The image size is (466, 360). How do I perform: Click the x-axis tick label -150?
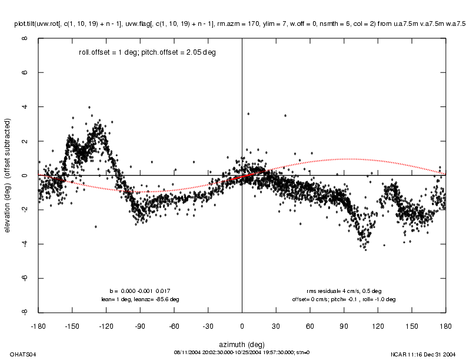72,325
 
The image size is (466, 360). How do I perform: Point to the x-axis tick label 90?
344,325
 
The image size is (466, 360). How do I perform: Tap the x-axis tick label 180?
446,325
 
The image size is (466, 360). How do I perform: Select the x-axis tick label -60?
174,325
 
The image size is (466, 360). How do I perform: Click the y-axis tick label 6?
25,73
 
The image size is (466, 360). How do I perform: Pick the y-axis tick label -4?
25,244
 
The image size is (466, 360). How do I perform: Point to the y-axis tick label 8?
25,39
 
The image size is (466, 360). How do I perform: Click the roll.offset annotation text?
147,52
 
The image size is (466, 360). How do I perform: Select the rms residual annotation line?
344,291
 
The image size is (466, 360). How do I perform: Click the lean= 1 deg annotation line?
141,299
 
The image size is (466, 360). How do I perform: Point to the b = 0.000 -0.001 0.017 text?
141,291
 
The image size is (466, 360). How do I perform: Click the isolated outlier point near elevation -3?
96,226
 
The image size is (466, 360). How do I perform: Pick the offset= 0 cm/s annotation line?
344,299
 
